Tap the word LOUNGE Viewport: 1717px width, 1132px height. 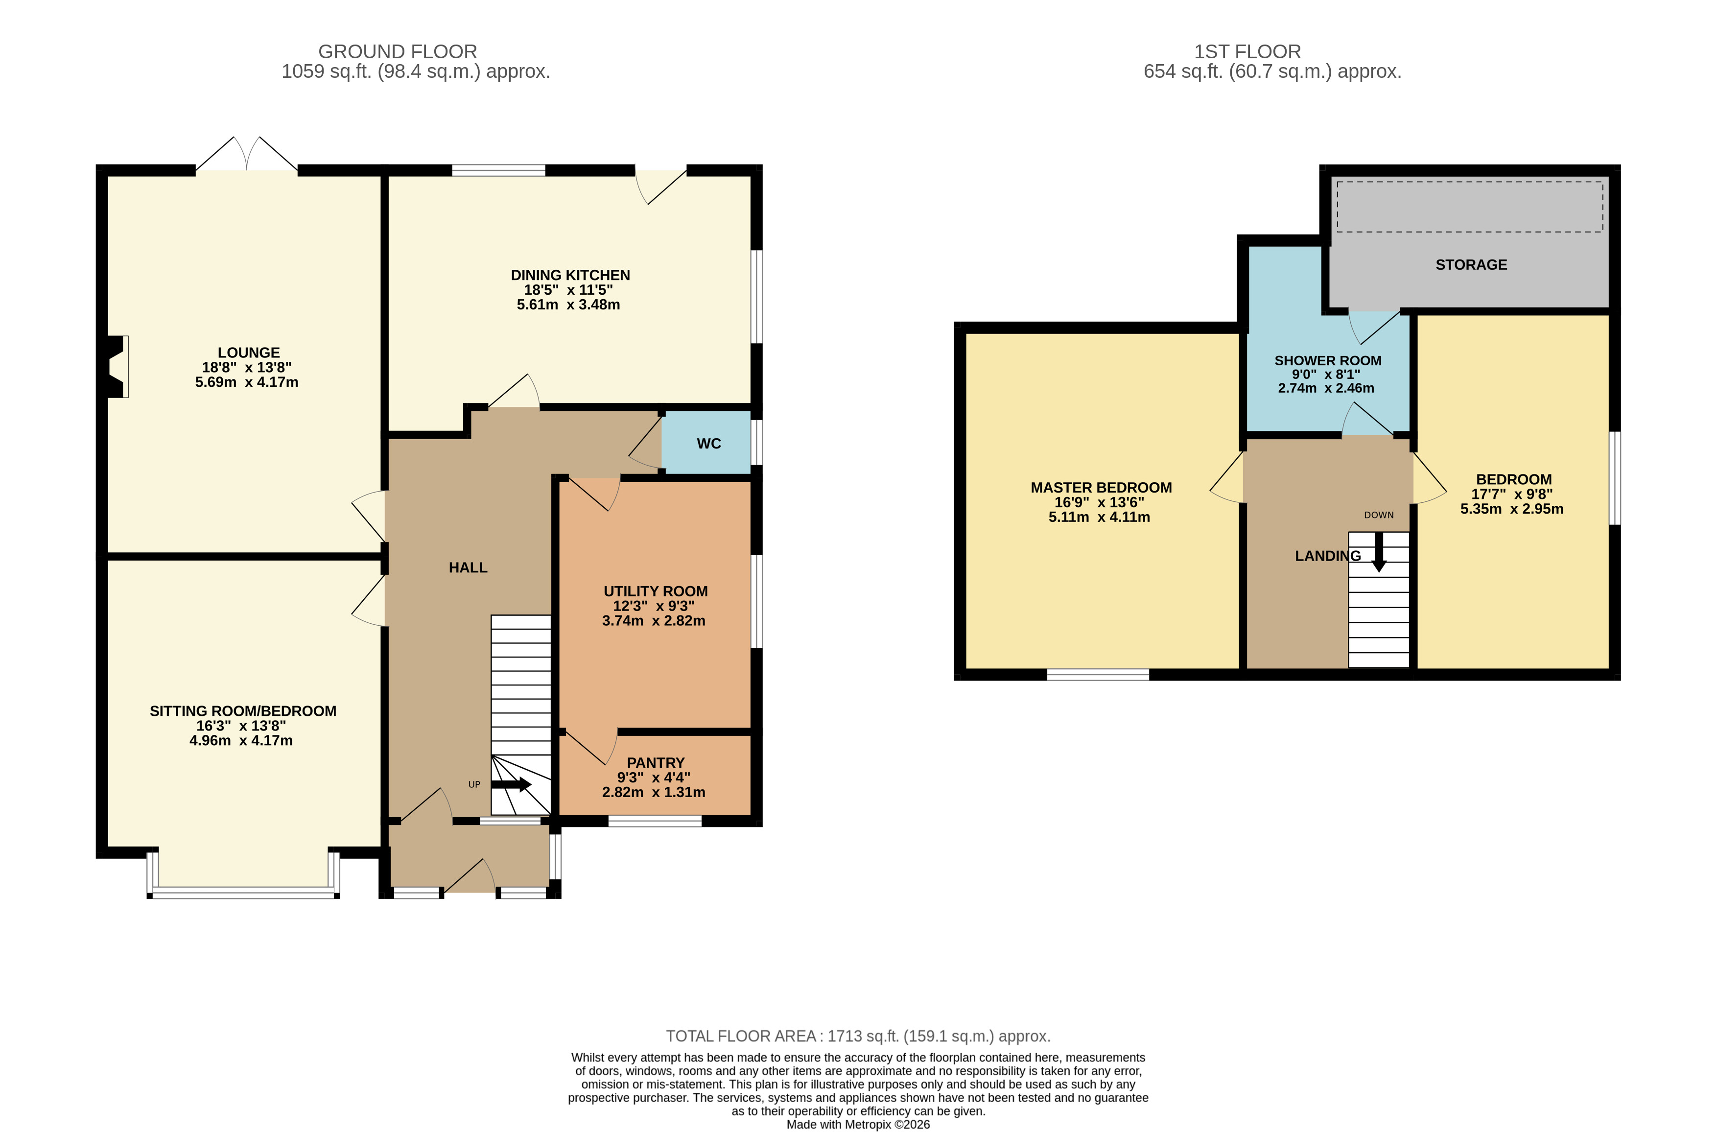249,353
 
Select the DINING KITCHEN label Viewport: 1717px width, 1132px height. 570,275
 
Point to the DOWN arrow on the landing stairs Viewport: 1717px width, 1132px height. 1379,552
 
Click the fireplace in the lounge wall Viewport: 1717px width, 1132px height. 117,367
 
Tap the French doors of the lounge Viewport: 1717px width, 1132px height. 247,154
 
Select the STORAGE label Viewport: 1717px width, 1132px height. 1471,265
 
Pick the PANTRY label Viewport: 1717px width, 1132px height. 656,762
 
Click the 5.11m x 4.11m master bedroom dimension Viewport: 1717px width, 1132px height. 1099,517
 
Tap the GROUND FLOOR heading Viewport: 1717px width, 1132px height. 398,52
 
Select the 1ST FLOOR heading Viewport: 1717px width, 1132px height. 1247,52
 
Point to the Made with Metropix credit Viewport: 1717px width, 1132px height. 858,1124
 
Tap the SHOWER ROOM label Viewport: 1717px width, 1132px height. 1328,360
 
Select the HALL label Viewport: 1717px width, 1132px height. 468,568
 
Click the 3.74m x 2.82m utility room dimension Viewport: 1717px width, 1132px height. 654,621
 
